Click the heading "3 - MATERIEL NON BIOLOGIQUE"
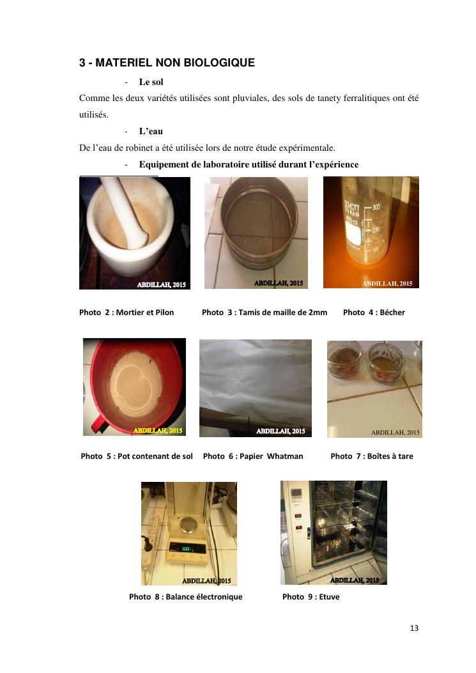pos(167,63)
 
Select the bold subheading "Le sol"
pos(151,82)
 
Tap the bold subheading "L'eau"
pos(151,131)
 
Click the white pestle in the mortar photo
pos(127,215)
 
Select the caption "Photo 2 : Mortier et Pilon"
pos(127,313)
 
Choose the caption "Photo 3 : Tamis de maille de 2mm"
pos(265,313)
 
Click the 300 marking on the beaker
pos(376,207)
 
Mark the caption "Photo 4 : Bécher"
pos(374,313)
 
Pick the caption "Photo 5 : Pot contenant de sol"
pos(137,456)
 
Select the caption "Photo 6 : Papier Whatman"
pos(253,456)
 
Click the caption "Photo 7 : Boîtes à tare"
pos(372,456)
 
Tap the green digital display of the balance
pos(188,548)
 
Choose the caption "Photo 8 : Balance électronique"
pos(186,596)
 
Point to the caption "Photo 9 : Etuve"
pos(311,596)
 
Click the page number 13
pos(414,628)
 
